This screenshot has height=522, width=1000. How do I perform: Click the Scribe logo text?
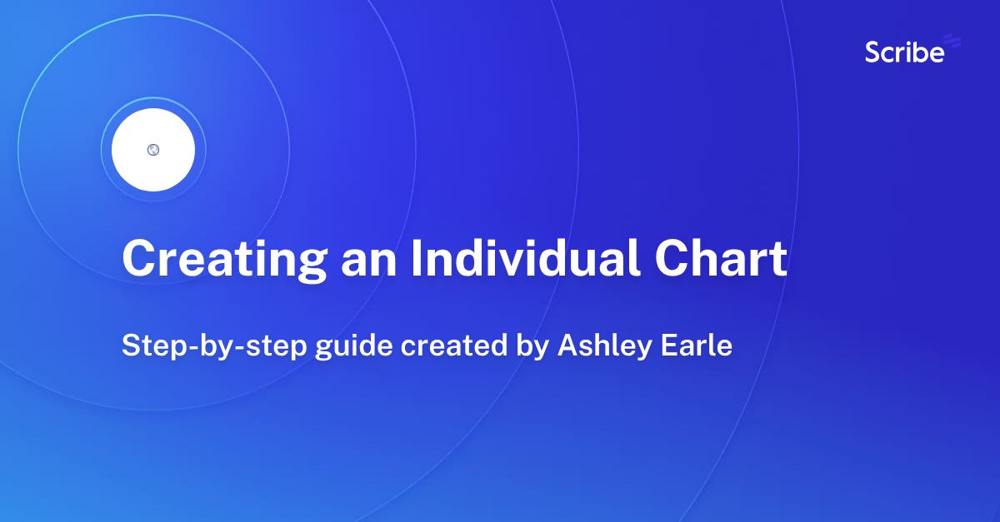[x=904, y=53]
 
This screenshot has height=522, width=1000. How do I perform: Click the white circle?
[x=153, y=150]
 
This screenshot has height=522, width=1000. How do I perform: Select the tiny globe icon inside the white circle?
[x=153, y=150]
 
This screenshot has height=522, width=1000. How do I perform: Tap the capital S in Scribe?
[x=873, y=53]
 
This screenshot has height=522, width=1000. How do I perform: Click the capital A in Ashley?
[x=567, y=345]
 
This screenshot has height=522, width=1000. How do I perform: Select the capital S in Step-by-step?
[x=130, y=345]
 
